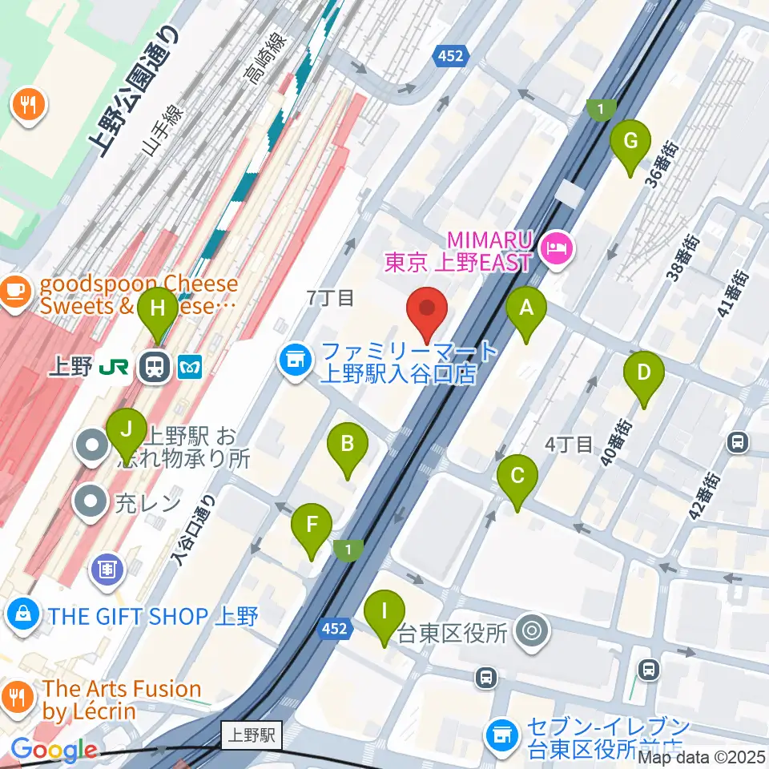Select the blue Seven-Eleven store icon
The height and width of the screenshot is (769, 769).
tap(502, 731)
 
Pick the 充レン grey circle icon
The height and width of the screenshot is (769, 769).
tap(91, 503)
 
